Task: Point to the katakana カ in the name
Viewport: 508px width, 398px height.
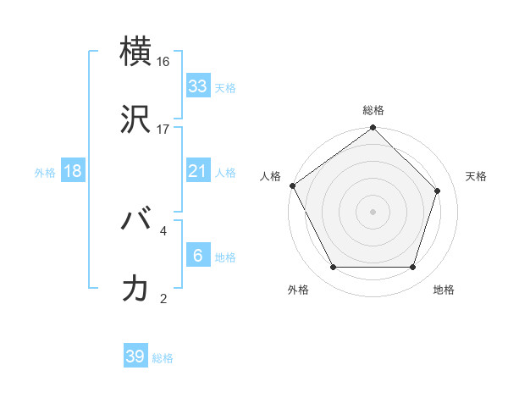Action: [x=137, y=288]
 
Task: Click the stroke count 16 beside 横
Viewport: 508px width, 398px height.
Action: [x=163, y=62]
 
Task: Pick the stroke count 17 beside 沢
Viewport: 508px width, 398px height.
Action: [x=163, y=130]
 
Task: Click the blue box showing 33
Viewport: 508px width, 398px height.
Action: [x=197, y=86]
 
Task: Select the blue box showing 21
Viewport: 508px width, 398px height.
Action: [x=197, y=171]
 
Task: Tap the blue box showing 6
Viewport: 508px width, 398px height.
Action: [x=197, y=256]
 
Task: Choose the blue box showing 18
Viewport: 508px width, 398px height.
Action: [x=73, y=171]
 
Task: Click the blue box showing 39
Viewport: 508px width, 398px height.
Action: [x=135, y=357]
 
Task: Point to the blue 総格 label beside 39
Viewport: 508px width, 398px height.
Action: [x=163, y=358]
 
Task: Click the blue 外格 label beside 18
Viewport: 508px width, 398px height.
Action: [x=45, y=173]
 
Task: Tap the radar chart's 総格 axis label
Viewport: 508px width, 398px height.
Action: [x=373, y=110]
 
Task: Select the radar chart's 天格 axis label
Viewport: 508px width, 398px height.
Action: [x=476, y=176]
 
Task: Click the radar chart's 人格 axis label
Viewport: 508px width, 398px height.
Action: [x=270, y=176]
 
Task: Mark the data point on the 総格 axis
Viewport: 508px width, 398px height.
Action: [x=373, y=129]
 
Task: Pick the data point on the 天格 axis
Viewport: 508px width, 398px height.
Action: [x=438, y=191]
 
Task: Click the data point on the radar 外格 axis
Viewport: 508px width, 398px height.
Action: [x=333, y=268]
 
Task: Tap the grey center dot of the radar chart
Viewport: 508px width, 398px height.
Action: [x=373, y=212]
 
